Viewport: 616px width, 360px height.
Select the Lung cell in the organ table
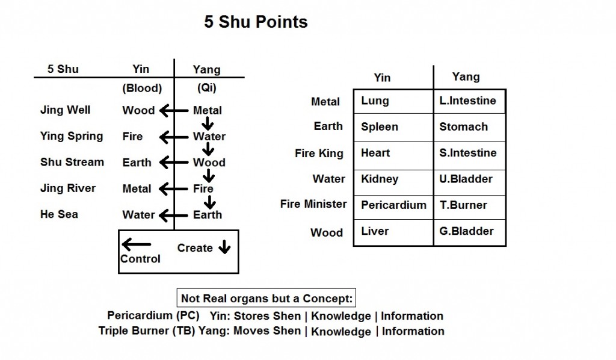375,101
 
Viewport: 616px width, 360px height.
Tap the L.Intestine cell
467,101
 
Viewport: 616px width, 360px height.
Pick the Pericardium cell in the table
393,205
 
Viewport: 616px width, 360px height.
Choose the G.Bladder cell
466,231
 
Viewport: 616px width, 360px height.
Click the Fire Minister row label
313,204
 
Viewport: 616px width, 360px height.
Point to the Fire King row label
319,153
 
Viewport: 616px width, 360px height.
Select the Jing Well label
65,110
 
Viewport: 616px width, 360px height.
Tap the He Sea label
59,214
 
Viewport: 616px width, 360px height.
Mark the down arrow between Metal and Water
207,123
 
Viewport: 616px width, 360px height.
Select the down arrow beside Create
224,248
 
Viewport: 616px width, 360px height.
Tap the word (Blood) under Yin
142,88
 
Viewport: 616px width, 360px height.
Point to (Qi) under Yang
207,88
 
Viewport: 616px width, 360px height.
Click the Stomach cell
463,127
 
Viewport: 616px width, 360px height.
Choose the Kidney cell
380,179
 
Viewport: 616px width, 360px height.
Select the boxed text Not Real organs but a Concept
268,299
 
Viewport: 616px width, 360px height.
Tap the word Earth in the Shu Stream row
138,163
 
